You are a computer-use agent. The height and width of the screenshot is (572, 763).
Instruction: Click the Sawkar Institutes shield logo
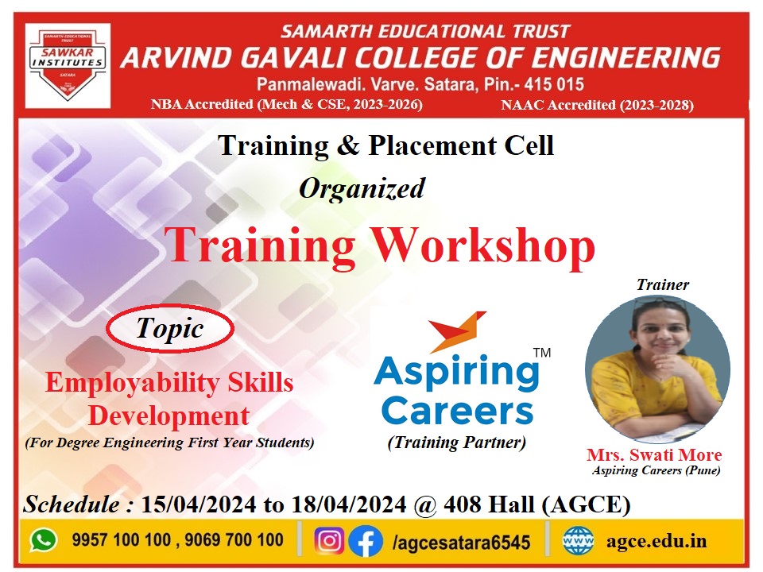67,65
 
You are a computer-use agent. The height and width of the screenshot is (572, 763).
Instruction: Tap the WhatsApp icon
44,540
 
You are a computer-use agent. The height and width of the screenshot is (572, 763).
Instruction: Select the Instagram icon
329,540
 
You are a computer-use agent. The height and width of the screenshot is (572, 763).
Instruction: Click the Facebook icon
366,540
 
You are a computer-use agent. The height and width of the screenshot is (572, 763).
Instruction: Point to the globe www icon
578,540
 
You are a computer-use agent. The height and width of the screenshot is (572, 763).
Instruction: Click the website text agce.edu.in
656,541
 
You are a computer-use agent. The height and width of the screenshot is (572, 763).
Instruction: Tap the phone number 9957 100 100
121,540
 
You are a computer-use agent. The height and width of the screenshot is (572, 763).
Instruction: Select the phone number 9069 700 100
234,540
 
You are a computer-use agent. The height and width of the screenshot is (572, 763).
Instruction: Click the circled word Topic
170,328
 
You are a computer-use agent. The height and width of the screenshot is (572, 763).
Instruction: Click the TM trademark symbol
542,353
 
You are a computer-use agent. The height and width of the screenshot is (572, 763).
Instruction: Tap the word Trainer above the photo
663,284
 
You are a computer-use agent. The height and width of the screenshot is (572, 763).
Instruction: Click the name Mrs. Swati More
654,454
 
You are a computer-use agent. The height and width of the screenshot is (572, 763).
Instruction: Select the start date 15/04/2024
199,504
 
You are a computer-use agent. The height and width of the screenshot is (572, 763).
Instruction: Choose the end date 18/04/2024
348,504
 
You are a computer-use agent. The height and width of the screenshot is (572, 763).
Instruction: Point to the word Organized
362,189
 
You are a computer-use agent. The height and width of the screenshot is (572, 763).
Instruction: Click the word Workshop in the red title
484,245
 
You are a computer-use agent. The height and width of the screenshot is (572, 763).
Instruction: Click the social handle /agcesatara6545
461,542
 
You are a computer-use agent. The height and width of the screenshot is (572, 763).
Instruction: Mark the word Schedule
72,504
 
